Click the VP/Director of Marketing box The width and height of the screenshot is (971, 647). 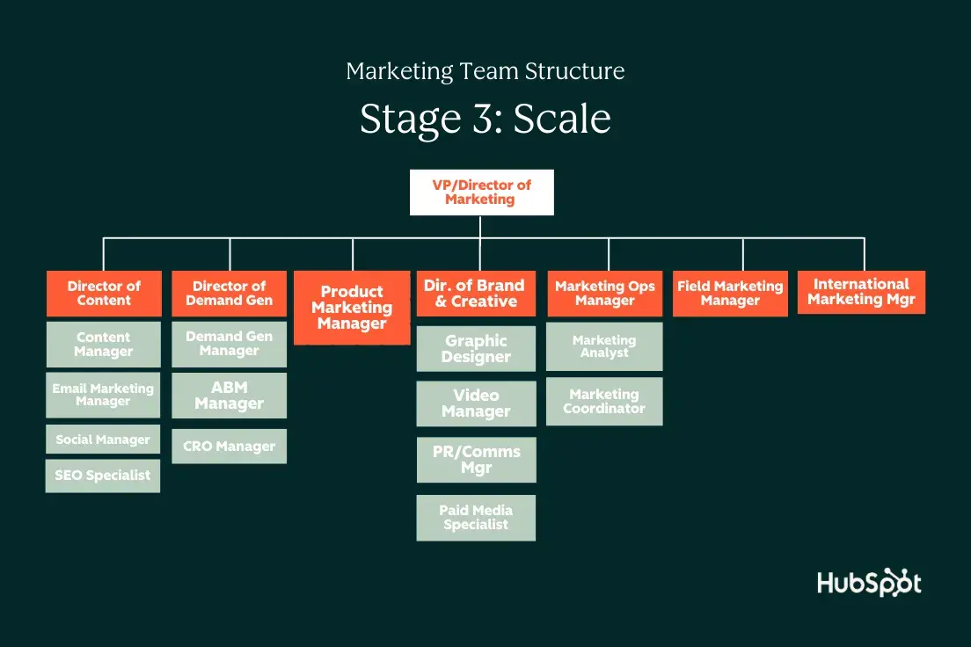click(x=481, y=193)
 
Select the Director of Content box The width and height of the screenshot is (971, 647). click(x=104, y=294)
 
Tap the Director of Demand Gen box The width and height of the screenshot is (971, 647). click(x=229, y=294)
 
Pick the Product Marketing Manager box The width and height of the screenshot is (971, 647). click(x=352, y=308)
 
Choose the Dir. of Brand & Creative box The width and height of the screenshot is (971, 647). click(x=475, y=294)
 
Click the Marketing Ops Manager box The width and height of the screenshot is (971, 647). click(x=604, y=294)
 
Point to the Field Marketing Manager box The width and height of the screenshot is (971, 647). click(x=730, y=294)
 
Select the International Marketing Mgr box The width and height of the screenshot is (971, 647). click(x=861, y=292)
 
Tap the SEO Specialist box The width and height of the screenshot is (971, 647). click(x=103, y=476)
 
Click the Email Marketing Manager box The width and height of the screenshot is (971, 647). click(x=103, y=395)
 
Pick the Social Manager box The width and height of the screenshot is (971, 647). click(x=103, y=440)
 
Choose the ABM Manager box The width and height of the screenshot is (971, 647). click(x=229, y=396)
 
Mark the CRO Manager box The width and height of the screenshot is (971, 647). click(x=229, y=447)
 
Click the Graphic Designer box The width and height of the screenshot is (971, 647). click(x=476, y=349)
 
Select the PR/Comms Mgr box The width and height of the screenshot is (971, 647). click(x=476, y=460)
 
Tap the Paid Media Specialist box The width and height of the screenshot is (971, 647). click(x=476, y=518)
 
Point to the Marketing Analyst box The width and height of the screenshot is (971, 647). click(x=604, y=346)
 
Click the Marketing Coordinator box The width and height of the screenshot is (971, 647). click(x=604, y=402)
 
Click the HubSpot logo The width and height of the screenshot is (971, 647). click(x=869, y=582)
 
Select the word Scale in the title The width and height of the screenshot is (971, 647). click(x=562, y=119)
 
